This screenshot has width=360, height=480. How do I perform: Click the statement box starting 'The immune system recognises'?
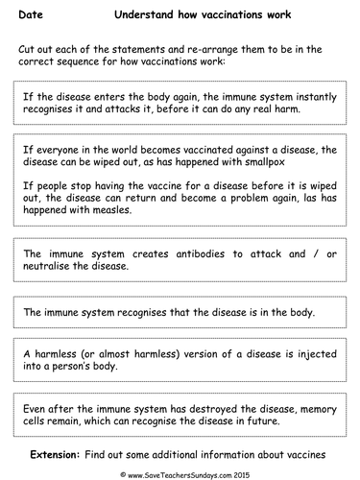pos(180,312)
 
